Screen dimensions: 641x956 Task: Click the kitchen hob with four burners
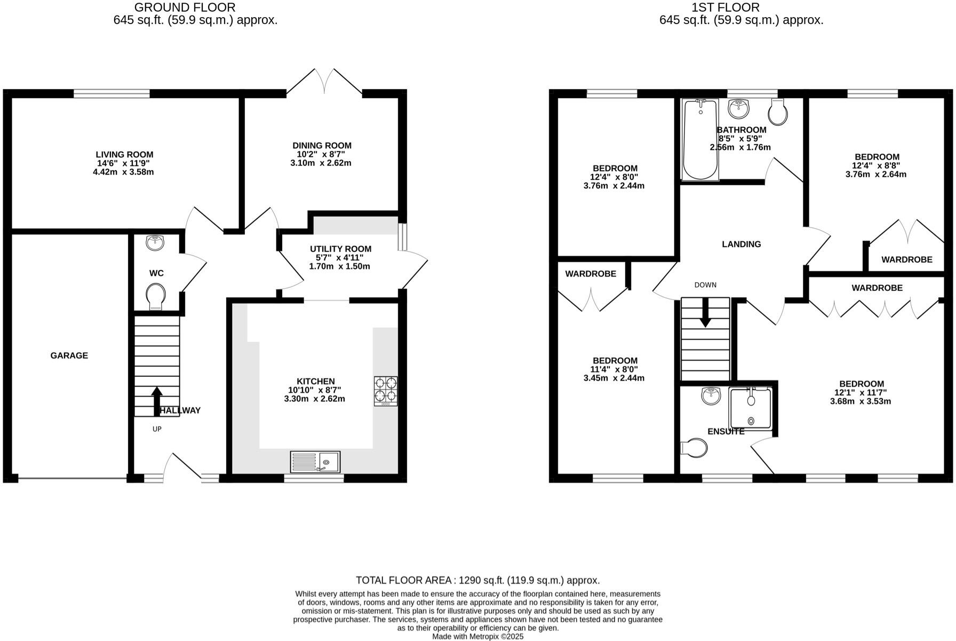click(385, 391)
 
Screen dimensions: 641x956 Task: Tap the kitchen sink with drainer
click(315, 462)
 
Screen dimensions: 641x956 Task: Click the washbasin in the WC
click(156, 243)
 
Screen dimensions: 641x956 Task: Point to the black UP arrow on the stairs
click(157, 401)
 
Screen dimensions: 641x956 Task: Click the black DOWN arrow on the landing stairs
click(705, 312)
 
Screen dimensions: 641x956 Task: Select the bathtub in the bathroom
click(700, 140)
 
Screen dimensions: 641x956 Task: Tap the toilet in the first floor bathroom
click(778, 113)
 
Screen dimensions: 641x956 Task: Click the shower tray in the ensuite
click(751, 408)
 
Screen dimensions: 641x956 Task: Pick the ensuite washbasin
click(711, 396)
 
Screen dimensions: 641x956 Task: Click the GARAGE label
click(69, 355)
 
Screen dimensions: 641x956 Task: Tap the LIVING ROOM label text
click(124, 155)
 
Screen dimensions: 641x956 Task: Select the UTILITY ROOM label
click(340, 249)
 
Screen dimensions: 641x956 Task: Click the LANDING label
click(741, 244)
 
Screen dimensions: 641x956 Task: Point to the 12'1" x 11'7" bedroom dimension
click(861, 392)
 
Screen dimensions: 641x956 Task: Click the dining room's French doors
click(324, 82)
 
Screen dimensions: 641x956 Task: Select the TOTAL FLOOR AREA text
click(477, 580)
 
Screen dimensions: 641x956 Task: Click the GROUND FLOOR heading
click(185, 7)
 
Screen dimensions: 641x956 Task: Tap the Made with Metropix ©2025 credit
click(477, 636)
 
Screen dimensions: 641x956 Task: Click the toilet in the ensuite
click(694, 448)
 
